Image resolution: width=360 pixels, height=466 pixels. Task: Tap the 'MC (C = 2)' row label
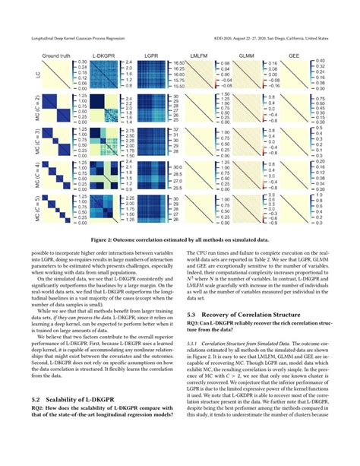pos(28,113)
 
